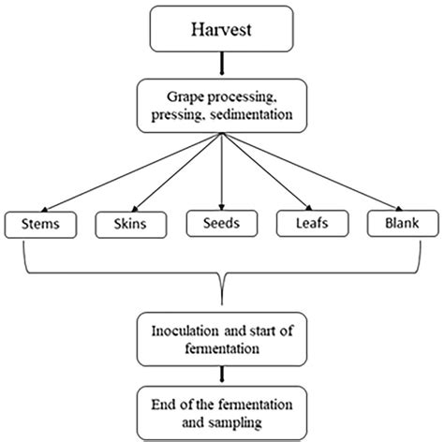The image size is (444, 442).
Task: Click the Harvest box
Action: click(x=221, y=30)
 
